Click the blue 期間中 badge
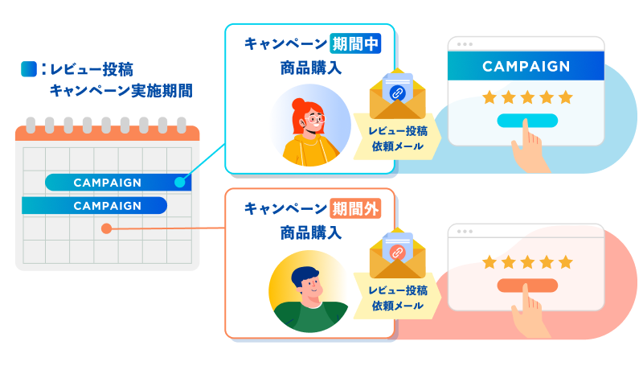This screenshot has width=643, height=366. [x=354, y=43]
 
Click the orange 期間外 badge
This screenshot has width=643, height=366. [x=354, y=209]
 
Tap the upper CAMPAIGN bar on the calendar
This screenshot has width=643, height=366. [x=108, y=183]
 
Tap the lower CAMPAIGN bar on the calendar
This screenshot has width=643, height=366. [x=95, y=206]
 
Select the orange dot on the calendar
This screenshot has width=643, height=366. [x=106, y=228]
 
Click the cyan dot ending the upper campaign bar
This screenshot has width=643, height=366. [x=179, y=183]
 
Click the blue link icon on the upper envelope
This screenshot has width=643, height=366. [x=396, y=93]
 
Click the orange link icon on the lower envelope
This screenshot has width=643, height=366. [x=396, y=252]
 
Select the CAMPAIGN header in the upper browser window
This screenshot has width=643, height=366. [x=526, y=67]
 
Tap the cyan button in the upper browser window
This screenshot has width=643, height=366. [x=526, y=121]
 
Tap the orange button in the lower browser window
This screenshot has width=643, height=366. [x=526, y=286]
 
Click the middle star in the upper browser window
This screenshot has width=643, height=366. [x=526, y=97]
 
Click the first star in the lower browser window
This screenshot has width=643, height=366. [x=488, y=262]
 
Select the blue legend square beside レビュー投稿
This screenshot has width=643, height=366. [x=28, y=69]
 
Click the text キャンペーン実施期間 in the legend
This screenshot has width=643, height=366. [x=121, y=90]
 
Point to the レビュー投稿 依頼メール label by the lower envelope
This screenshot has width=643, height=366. [x=399, y=298]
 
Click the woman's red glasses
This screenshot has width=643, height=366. [x=316, y=121]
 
